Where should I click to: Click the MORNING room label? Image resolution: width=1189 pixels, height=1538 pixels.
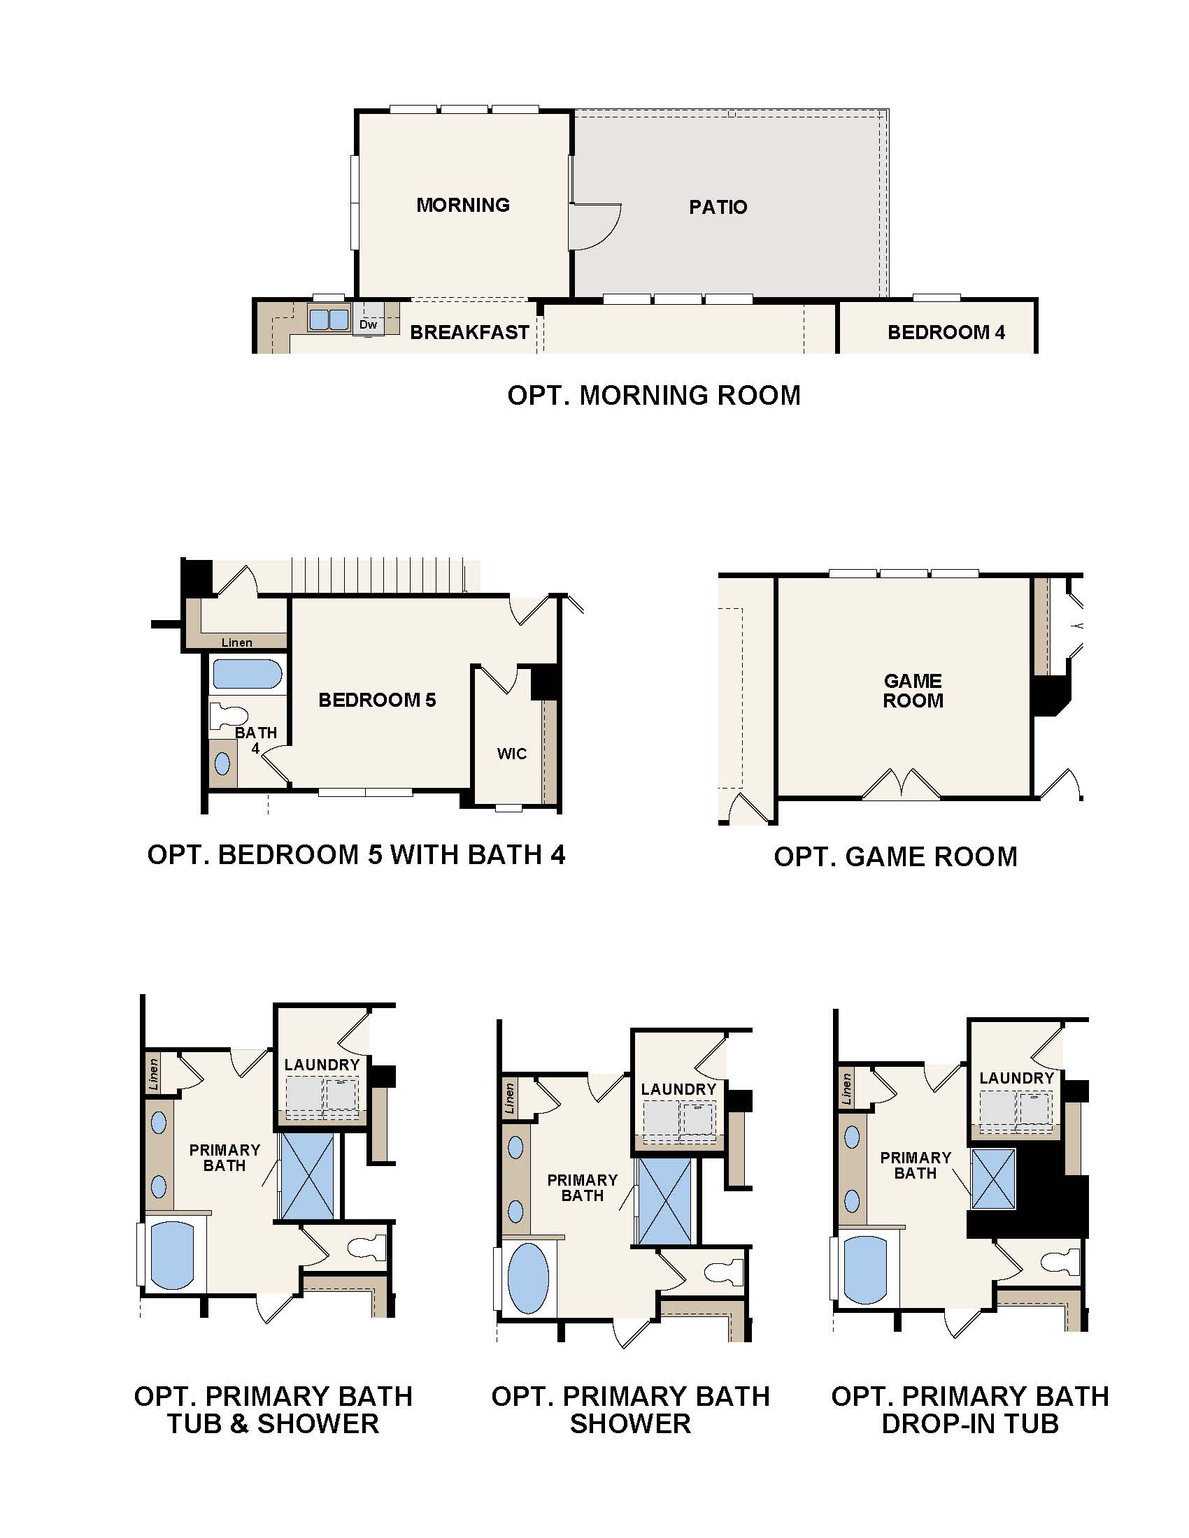[x=463, y=205]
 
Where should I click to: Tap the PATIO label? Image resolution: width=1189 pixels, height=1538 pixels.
[x=718, y=207]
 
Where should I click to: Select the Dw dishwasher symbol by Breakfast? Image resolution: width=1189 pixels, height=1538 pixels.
[x=368, y=324]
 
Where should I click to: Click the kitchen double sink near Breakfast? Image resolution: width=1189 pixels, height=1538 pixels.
[x=329, y=319]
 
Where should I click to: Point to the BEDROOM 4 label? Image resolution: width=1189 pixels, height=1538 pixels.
[x=946, y=332]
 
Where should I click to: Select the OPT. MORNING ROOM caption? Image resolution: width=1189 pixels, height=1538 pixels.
[x=654, y=395]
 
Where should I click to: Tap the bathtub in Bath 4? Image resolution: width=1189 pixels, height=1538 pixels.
[x=246, y=674]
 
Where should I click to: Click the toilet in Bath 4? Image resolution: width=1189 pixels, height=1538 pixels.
[x=227, y=717]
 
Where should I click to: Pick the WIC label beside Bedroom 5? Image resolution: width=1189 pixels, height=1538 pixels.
[x=511, y=754]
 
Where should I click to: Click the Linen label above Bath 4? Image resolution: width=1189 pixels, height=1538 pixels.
[x=236, y=642]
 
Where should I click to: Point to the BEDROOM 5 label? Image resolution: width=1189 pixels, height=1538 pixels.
[x=377, y=699]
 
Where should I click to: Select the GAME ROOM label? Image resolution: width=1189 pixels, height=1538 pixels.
[x=913, y=691]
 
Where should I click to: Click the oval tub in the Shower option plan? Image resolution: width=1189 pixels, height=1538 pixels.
[x=527, y=1278]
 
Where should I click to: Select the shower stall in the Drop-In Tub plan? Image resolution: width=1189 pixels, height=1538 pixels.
[x=992, y=1179]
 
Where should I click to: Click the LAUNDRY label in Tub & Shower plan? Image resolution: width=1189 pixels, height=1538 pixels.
[x=322, y=1065]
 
